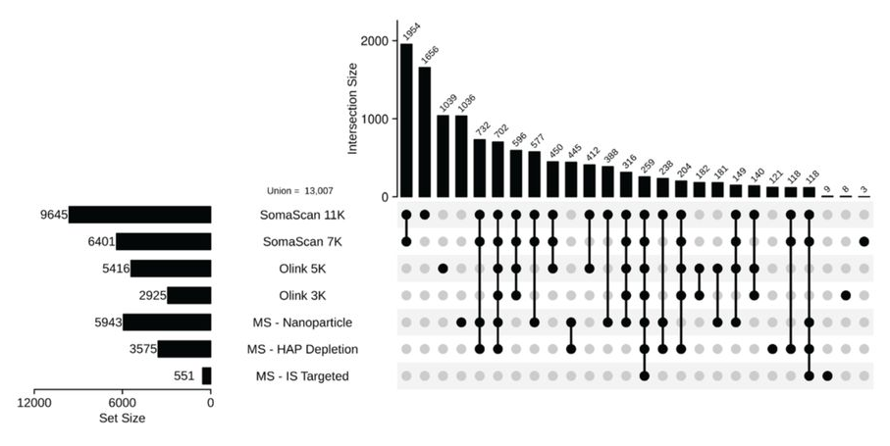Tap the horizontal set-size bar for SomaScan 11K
139,215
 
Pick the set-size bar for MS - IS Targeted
206,375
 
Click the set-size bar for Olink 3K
189,295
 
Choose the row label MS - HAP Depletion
300,349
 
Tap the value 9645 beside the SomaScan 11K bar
47,215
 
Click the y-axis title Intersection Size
352,107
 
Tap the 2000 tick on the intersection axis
371,41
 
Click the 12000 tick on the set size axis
33,402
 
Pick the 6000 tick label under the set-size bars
122,402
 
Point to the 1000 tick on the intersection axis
371,120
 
